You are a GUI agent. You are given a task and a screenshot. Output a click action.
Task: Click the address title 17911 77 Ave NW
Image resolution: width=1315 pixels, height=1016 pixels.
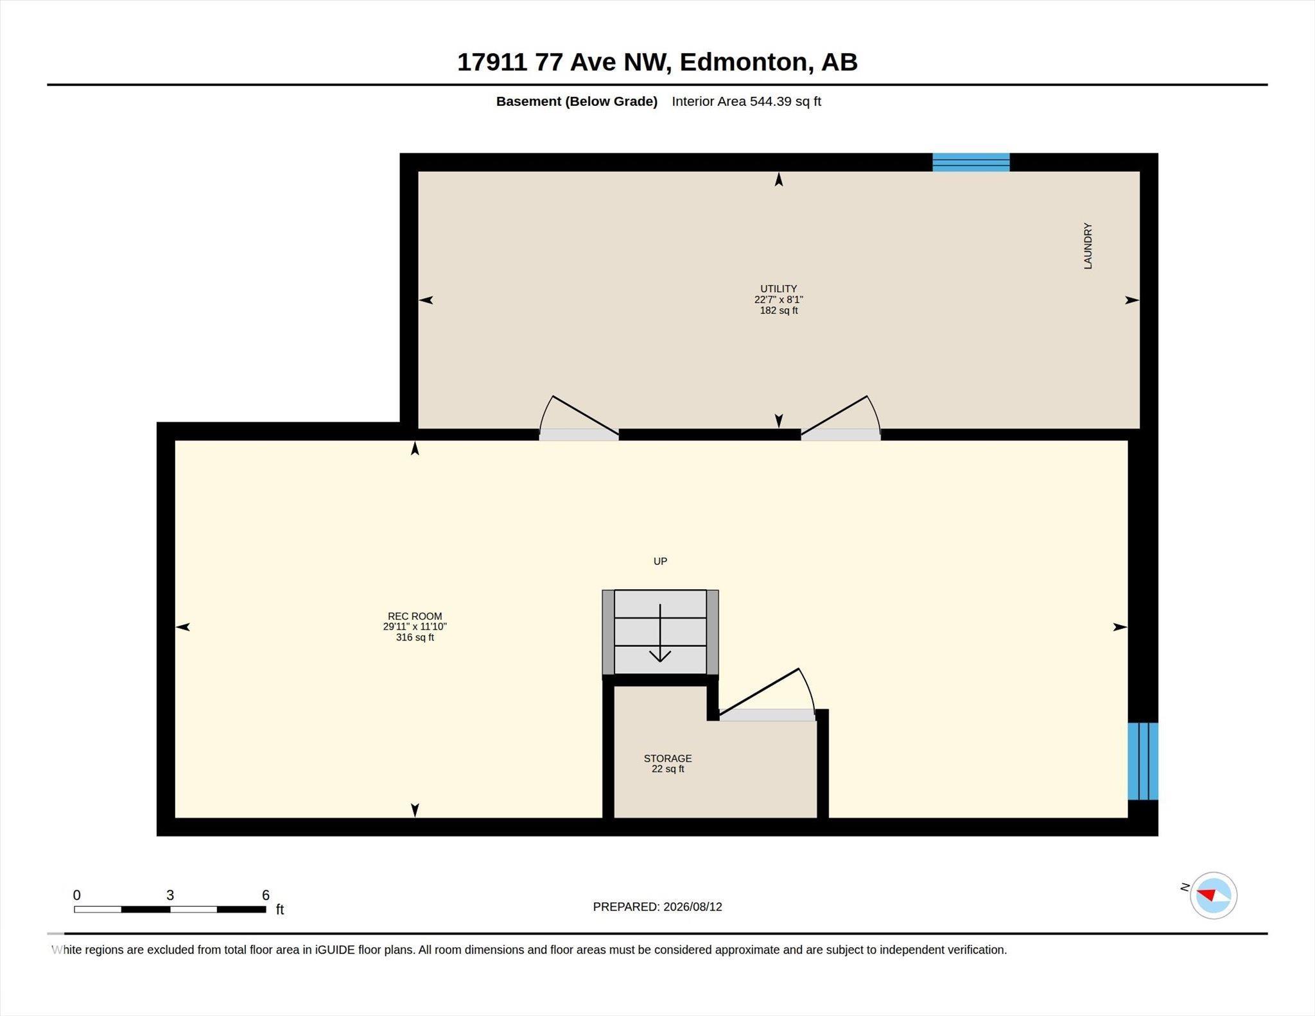coord(564,62)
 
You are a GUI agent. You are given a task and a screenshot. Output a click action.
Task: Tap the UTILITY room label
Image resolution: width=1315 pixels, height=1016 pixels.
coord(778,289)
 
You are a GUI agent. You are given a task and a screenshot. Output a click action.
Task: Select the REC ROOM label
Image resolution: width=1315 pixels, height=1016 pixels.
coord(415,616)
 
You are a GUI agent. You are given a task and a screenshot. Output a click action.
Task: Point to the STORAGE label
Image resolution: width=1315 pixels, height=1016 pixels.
coord(668,758)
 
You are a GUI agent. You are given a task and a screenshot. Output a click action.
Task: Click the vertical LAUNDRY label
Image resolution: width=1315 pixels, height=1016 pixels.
coord(1088,246)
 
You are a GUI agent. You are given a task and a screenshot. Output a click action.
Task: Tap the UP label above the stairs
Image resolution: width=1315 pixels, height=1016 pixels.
coord(660,562)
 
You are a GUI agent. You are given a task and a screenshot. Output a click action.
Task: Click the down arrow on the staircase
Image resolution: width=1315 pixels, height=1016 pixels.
coord(660,633)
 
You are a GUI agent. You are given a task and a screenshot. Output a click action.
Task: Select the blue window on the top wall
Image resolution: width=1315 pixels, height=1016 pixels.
coord(971,162)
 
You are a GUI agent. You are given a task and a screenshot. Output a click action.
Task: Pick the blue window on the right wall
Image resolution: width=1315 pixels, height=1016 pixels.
coord(1143,761)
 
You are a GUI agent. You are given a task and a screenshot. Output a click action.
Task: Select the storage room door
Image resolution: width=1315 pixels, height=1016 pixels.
coord(767,696)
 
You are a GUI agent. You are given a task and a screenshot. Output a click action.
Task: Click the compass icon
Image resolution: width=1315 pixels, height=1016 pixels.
coord(1214,895)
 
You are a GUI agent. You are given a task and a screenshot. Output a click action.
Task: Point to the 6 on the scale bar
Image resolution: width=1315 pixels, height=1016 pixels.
coord(266,895)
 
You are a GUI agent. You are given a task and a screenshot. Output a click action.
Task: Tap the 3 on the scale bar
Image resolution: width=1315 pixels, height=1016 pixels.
coord(170,895)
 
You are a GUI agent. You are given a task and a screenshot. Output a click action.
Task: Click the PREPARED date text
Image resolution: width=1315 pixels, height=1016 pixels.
coord(657,907)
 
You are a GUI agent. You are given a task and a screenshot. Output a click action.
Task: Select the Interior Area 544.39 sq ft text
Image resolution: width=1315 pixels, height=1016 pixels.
coord(746,101)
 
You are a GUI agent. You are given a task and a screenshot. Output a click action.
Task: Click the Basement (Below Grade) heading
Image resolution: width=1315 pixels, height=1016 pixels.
coord(577,101)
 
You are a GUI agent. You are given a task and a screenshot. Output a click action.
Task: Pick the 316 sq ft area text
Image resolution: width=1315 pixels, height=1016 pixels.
coord(415,637)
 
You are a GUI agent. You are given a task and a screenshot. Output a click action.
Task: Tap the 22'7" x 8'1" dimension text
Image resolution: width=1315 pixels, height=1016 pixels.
coord(778,300)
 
